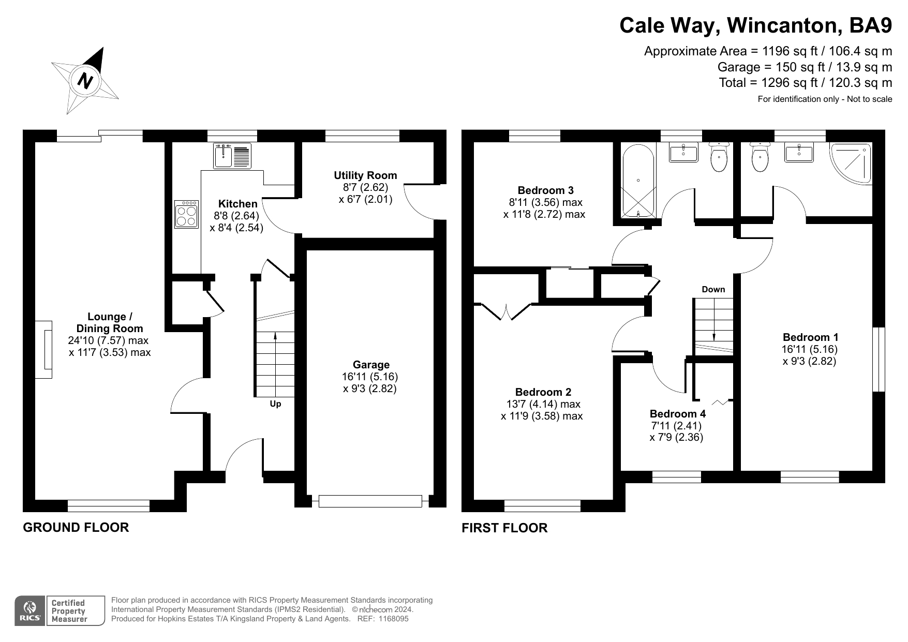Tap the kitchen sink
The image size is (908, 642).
click(232, 156)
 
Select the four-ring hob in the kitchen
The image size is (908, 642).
click(186, 214)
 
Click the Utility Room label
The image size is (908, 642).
click(365, 175)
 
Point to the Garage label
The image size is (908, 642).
click(371, 365)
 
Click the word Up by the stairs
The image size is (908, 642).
click(275, 404)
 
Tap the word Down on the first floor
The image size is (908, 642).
click(713, 289)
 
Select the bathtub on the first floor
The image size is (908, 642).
click(638, 181)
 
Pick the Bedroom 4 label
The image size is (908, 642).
click(677, 414)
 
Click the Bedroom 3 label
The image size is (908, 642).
click(545, 190)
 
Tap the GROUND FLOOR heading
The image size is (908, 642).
click(76, 527)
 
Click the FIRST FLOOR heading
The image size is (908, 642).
click(504, 528)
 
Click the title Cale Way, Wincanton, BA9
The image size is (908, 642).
click(756, 25)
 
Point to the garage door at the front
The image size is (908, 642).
click(370, 501)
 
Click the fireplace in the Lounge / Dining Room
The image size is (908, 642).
click(44, 350)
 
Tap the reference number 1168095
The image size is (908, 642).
click(394, 619)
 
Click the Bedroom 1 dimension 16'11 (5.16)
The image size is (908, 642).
click(810, 349)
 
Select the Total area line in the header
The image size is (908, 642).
click(806, 83)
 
